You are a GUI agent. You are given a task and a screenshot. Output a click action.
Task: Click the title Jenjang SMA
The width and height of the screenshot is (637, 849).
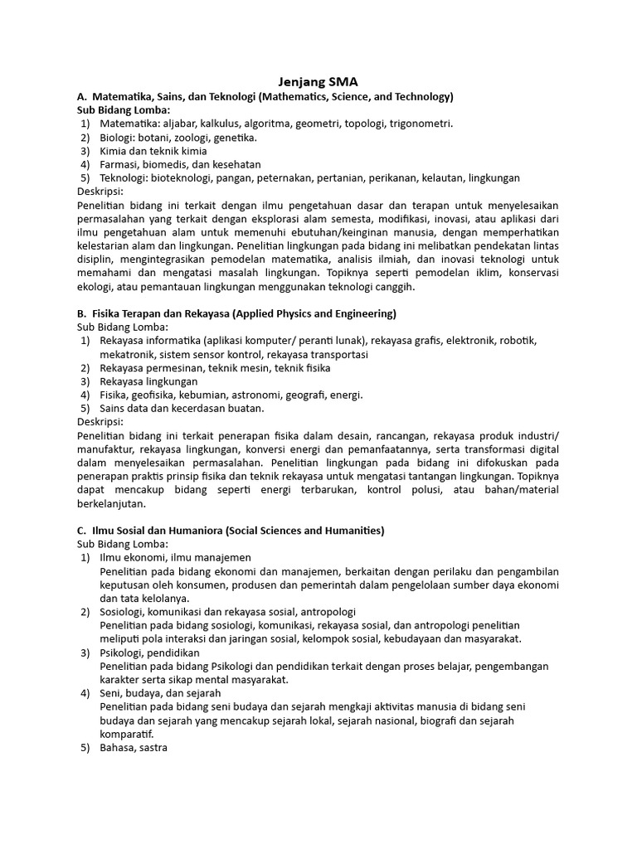[318, 82]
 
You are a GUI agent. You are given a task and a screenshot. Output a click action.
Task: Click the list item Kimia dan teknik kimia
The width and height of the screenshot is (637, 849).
[153, 151]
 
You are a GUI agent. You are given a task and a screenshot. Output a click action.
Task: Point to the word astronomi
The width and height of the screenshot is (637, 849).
[259, 395]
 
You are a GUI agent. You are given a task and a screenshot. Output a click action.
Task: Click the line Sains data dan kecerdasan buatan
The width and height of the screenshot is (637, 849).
[182, 408]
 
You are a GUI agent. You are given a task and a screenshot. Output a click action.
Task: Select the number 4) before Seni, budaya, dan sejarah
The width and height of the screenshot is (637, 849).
[85, 692]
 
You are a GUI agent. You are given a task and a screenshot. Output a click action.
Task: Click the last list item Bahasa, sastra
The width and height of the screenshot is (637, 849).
[134, 747]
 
